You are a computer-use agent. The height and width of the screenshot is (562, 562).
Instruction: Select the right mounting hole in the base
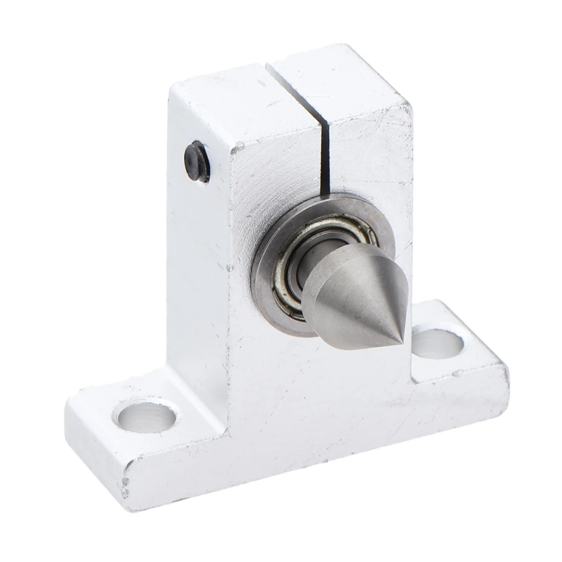click(437, 342)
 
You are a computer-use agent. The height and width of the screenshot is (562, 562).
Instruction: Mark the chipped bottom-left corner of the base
click(127, 483)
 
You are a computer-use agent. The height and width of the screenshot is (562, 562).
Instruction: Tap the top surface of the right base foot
click(467, 357)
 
